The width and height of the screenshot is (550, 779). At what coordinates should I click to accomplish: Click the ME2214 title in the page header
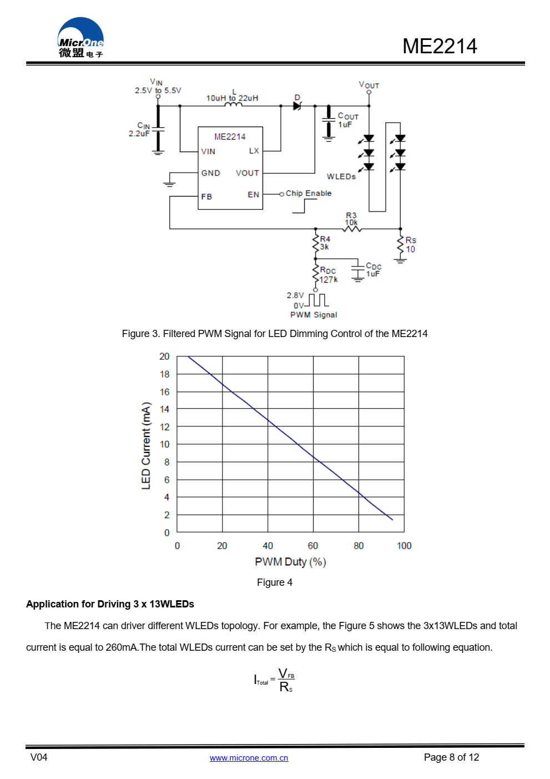pos(440,46)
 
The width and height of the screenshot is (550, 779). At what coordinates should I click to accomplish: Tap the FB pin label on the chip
pos(206,197)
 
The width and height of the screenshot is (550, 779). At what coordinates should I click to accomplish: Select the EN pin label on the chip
pos(254,194)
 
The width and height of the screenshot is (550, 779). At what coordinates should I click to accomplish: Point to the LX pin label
pos(254,151)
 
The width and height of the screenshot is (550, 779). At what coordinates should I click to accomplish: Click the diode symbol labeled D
pos(297,105)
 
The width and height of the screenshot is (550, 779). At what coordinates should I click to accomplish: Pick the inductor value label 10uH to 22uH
pos(232,98)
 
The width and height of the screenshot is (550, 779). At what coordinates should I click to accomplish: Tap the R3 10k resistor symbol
pos(352,229)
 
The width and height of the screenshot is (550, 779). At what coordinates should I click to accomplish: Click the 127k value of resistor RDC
pos(329,279)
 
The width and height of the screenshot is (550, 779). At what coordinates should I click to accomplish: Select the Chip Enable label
pos(309,193)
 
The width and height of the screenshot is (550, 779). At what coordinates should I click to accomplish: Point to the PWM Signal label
pos(314,315)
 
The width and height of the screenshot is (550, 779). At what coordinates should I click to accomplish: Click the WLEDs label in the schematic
pos(341,177)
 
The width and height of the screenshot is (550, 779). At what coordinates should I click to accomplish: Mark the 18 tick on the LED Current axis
pos(164,374)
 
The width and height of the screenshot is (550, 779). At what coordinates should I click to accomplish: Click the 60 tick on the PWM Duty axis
pos(313,546)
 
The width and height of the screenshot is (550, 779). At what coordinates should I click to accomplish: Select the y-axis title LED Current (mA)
pos(146,445)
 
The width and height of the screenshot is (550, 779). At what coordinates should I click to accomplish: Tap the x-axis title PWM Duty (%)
pos(290,562)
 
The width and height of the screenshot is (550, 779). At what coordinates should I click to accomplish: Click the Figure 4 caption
pos(275,582)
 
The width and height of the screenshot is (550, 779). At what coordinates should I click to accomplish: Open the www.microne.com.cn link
pos(249,758)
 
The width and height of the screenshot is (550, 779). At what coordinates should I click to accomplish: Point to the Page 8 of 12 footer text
pos(451,757)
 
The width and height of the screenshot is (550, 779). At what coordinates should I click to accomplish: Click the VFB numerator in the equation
pos(286,674)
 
